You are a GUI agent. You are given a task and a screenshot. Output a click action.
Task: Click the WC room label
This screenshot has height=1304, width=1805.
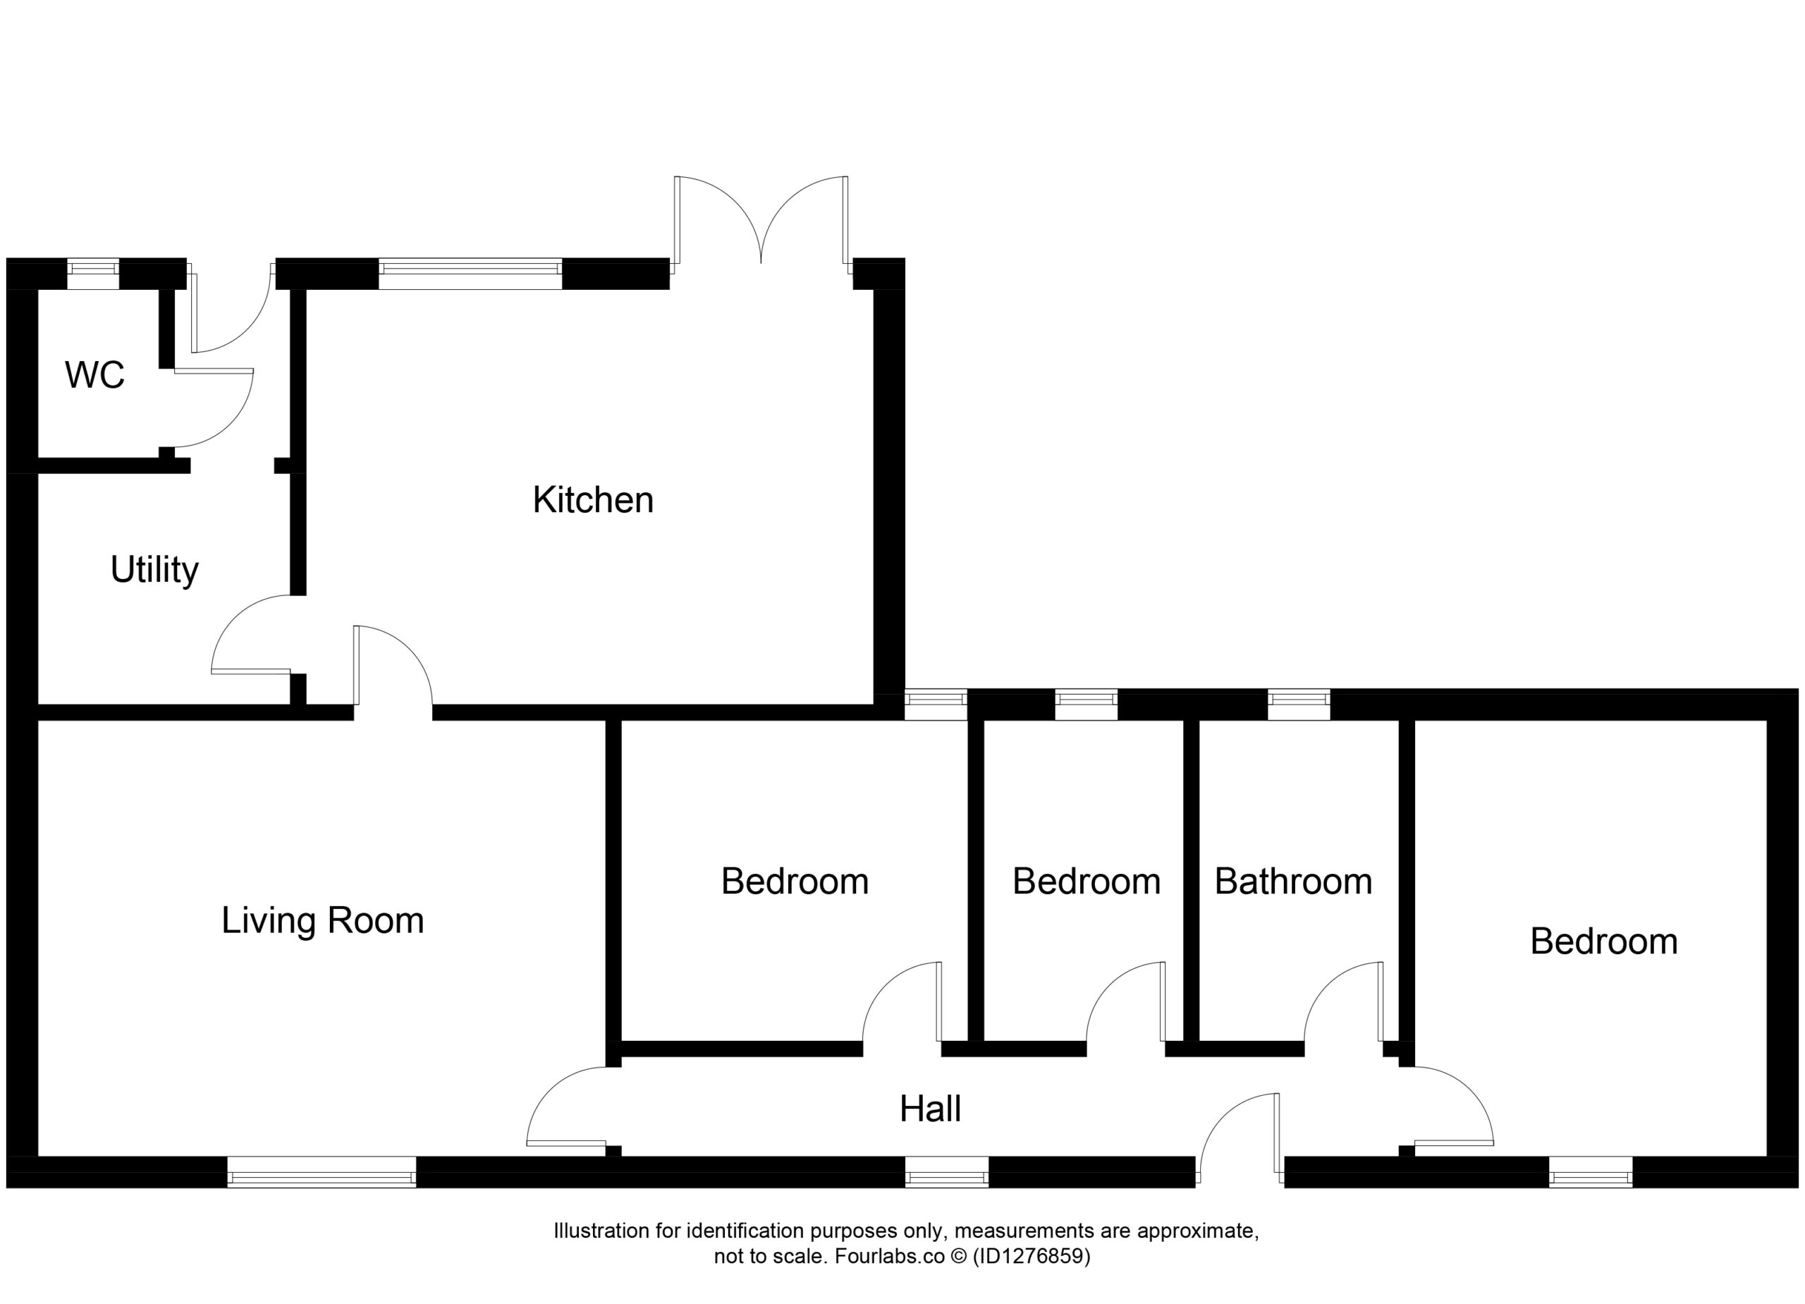[94, 375]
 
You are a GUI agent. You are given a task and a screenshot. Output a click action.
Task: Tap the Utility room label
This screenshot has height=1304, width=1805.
[154, 570]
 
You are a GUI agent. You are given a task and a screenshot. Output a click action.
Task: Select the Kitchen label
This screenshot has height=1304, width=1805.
[593, 500]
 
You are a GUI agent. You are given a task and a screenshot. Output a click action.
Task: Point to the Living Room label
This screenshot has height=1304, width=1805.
[322, 920]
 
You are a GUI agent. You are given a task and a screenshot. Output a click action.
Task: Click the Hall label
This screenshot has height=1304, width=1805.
[931, 1109]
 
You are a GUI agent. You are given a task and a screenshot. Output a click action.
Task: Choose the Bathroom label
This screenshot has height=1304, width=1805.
[1293, 882]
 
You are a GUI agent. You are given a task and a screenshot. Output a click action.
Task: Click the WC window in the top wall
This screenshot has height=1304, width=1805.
[93, 274]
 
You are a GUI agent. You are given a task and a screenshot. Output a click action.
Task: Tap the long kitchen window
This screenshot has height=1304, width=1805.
[470, 274]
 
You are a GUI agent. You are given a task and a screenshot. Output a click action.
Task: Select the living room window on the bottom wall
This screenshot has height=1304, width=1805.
[322, 1172]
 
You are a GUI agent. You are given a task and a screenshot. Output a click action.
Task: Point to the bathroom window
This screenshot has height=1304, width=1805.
[1299, 705]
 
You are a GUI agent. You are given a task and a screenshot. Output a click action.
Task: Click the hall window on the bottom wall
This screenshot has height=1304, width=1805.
[947, 1172]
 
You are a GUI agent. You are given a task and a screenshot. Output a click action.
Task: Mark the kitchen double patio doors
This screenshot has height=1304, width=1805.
[761, 224]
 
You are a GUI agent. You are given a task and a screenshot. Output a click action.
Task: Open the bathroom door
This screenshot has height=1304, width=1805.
[1344, 1001]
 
